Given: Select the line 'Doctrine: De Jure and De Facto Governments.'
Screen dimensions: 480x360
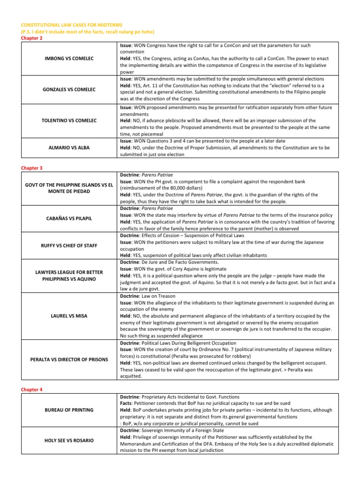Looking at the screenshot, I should (x=169, y=262).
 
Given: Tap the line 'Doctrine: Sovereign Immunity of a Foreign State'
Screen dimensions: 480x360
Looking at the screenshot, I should (x=171, y=430).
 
